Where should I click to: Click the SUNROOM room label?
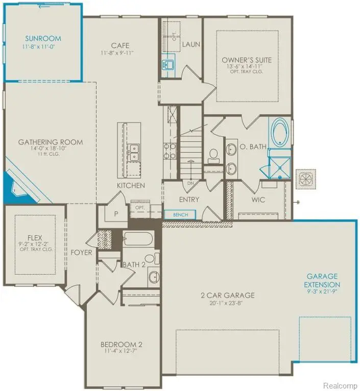[x=43, y=38]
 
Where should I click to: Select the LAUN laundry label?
[x=191, y=44]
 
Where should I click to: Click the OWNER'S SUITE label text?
[x=247, y=60]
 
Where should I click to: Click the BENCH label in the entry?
[x=180, y=215]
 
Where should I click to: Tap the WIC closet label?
[x=258, y=200]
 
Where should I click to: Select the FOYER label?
[x=81, y=252]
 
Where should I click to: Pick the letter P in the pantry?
[x=116, y=214]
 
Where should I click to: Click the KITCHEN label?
[x=131, y=185]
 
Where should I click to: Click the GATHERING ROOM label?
[x=50, y=142]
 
